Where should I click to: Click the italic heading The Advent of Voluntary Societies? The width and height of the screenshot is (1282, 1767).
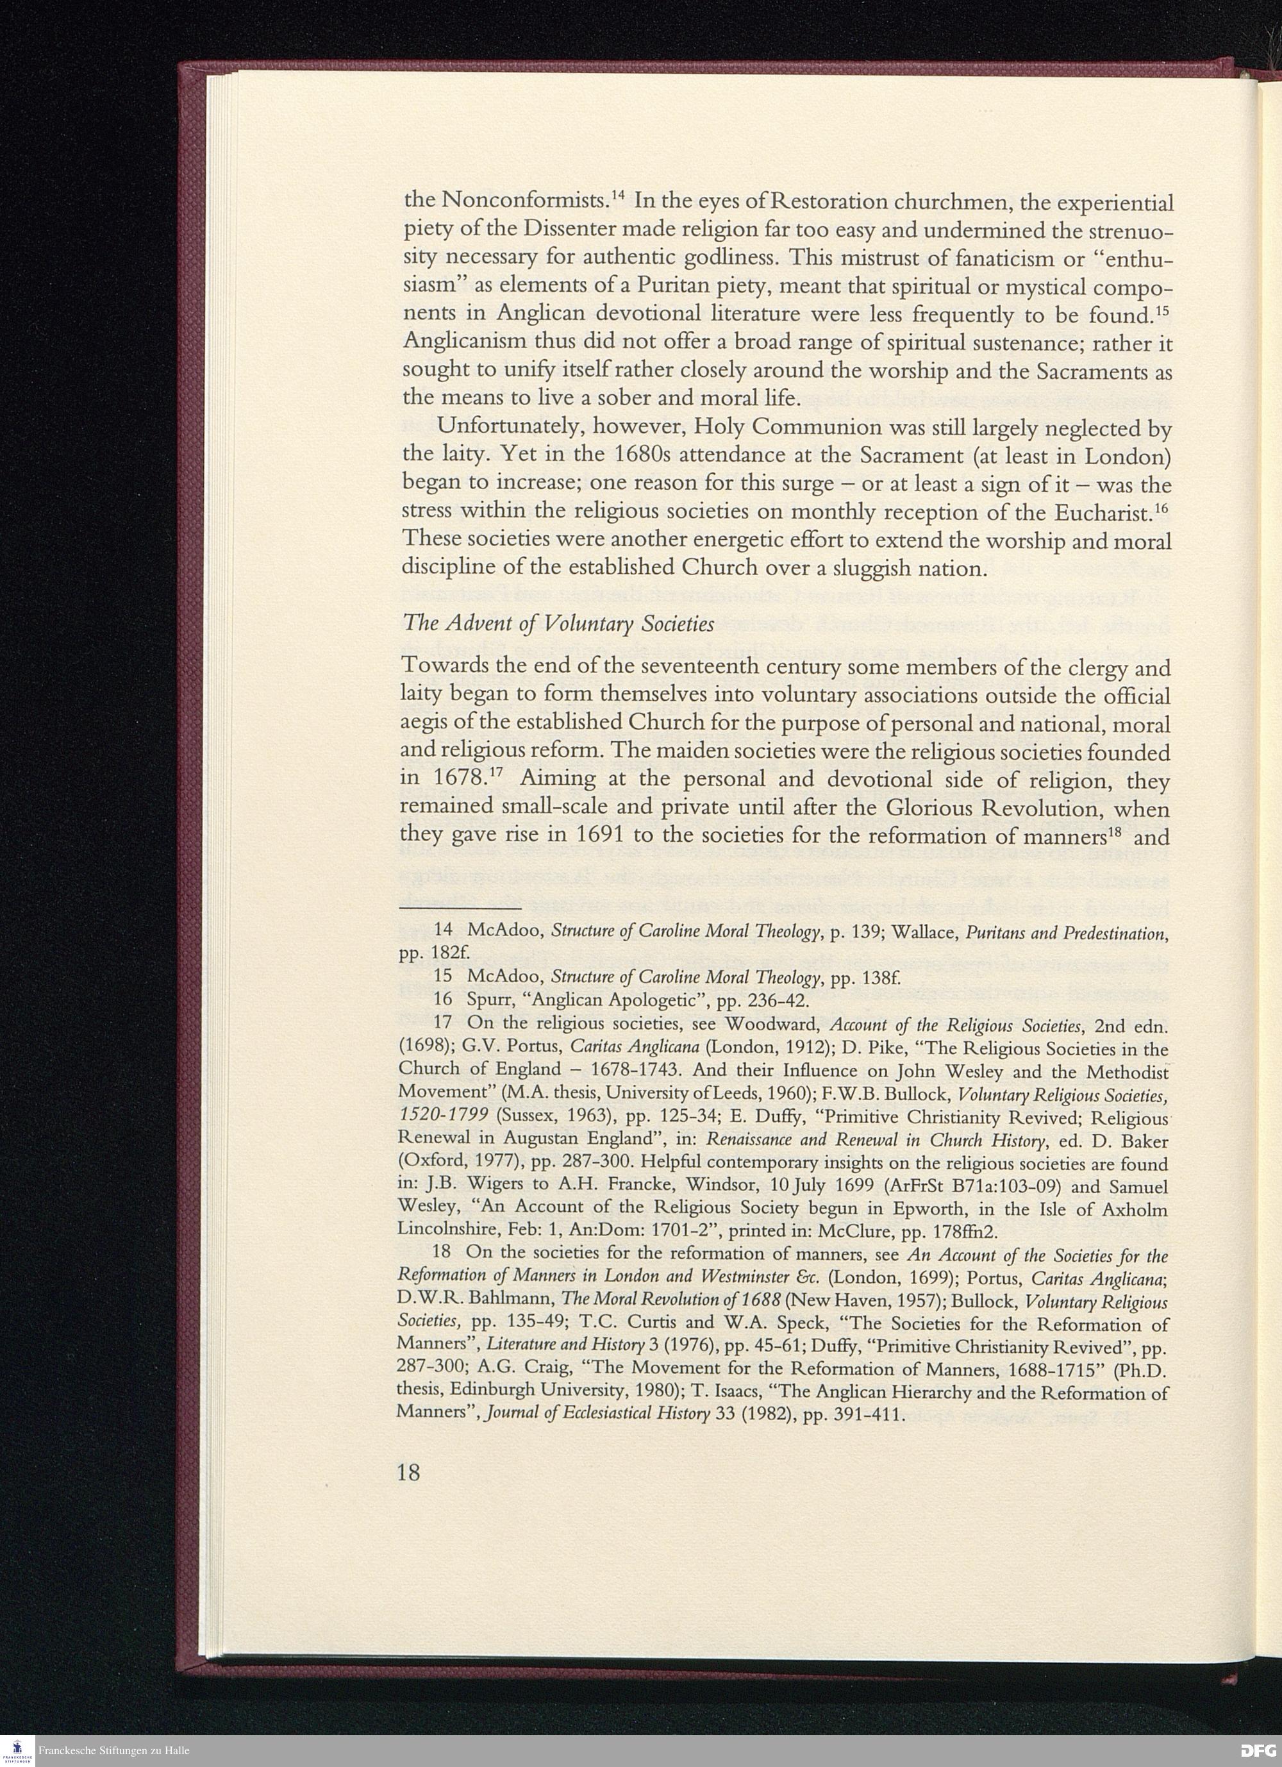pyautogui.click(x=558, y=625)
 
